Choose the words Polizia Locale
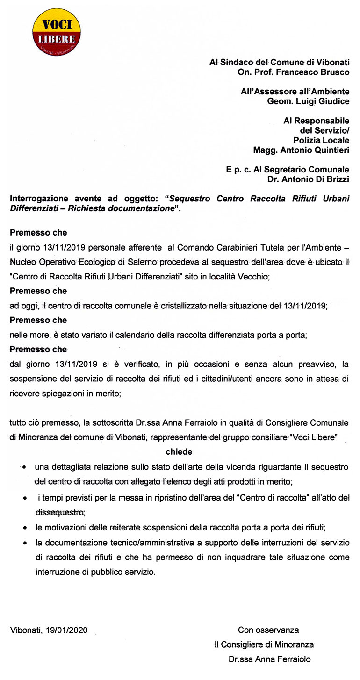pyautogui.click(x=321, y=140)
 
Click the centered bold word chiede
pyautogui.click(x=179, y=452)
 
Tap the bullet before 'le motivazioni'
pyautogui.click(x=24, y=528)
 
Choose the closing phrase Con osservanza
pyautogui.click(x=268, y=630)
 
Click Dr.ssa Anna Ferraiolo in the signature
pyautogui.click(x=269, y=659)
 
